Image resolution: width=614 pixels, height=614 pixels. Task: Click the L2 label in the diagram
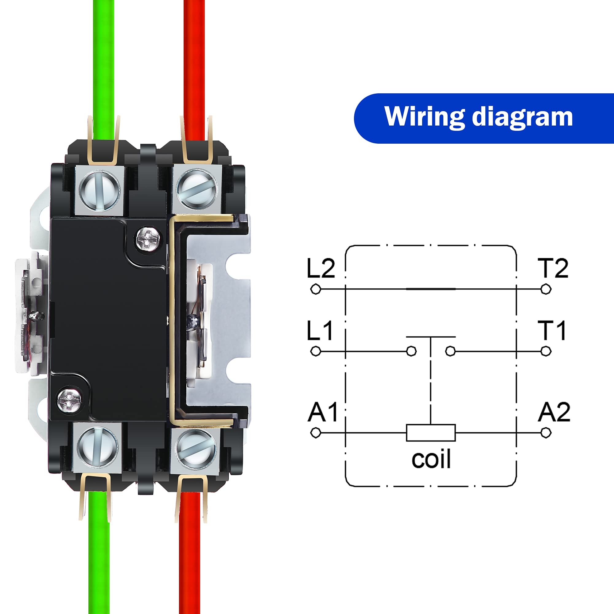(321, 269)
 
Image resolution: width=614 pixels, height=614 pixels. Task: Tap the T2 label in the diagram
(553, 269)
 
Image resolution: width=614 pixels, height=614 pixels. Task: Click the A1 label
(322, 412)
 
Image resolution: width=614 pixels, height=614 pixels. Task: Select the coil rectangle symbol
(431, 433)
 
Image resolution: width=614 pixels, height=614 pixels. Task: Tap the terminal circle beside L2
(316, 289)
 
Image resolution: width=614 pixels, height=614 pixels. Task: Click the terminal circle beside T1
(546, 351)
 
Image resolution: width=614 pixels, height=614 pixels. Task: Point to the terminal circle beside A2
(546, 433)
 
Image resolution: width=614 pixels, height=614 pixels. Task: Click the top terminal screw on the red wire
(196, 190)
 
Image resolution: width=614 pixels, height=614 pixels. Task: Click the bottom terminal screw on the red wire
(195, 449)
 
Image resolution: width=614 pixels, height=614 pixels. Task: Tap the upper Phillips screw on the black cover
(148, 238)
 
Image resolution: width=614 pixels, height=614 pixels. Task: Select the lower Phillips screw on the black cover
(70, 400)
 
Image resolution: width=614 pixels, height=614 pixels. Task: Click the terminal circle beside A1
(316, 433)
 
